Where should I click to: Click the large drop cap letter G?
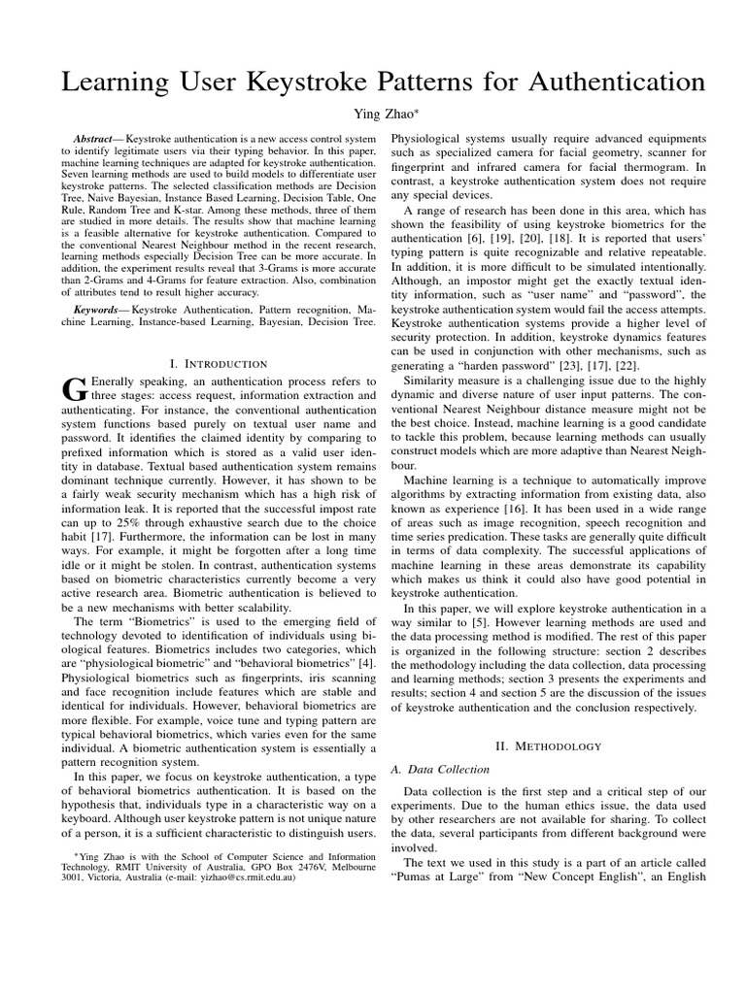(x=75, y=389)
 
